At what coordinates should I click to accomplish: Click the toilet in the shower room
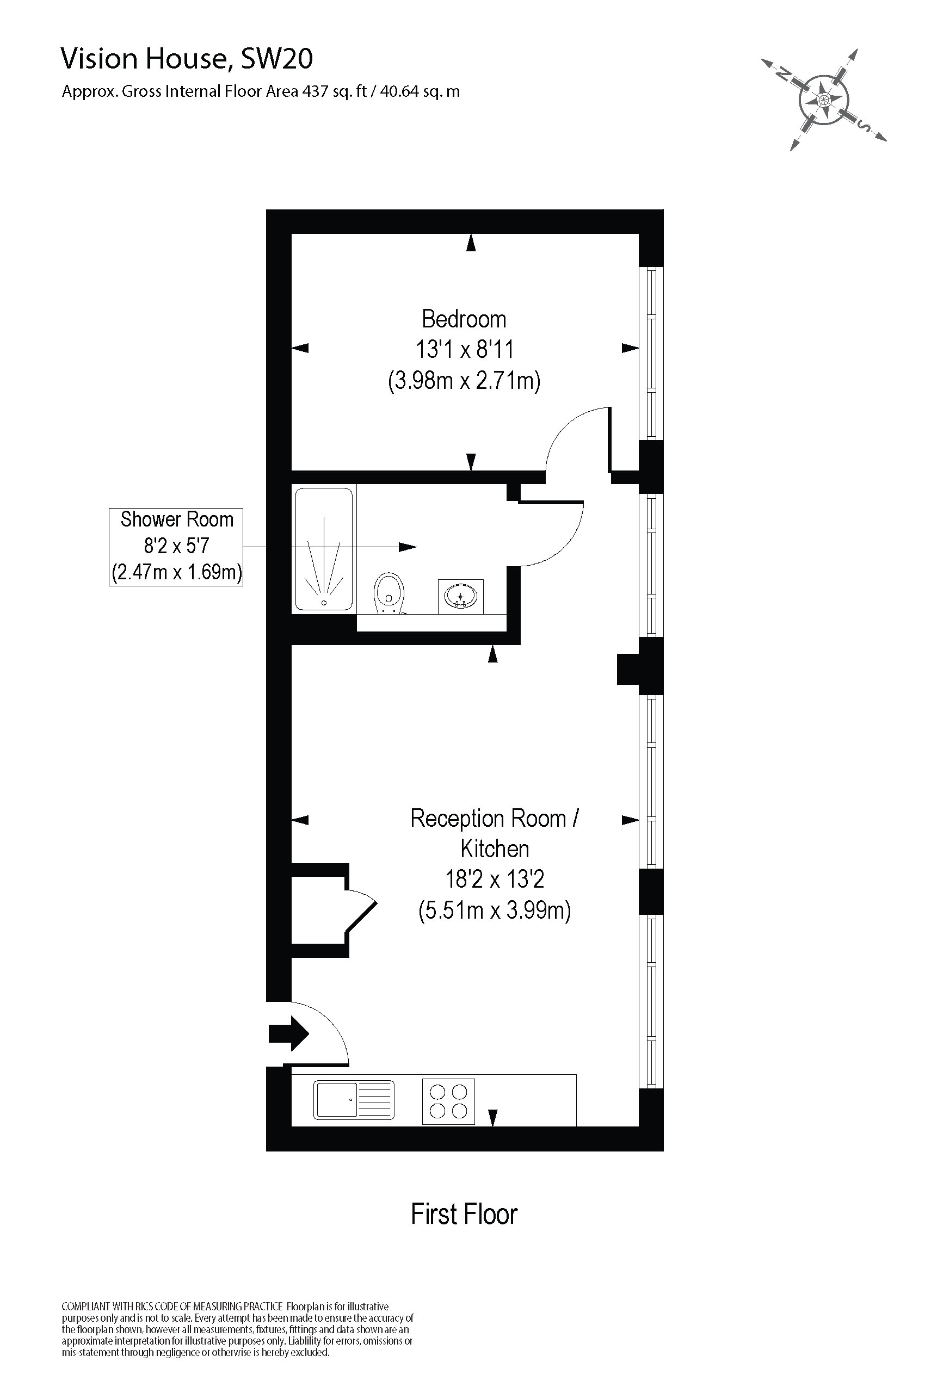click(388, 593)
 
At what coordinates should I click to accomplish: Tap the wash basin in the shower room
click(461, 596)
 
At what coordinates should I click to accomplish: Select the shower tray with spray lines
click(324, 549)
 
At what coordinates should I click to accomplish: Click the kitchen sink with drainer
click(353, 1100)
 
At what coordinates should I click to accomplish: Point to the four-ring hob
click(448, 1101)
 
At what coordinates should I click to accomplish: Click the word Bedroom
click(464, 319)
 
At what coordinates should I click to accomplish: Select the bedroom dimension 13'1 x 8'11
click(464, 350)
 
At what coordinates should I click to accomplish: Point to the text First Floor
click(464, 1214)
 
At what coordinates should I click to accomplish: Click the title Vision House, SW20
click(187, 59)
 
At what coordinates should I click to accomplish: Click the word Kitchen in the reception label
click(495, 849)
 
